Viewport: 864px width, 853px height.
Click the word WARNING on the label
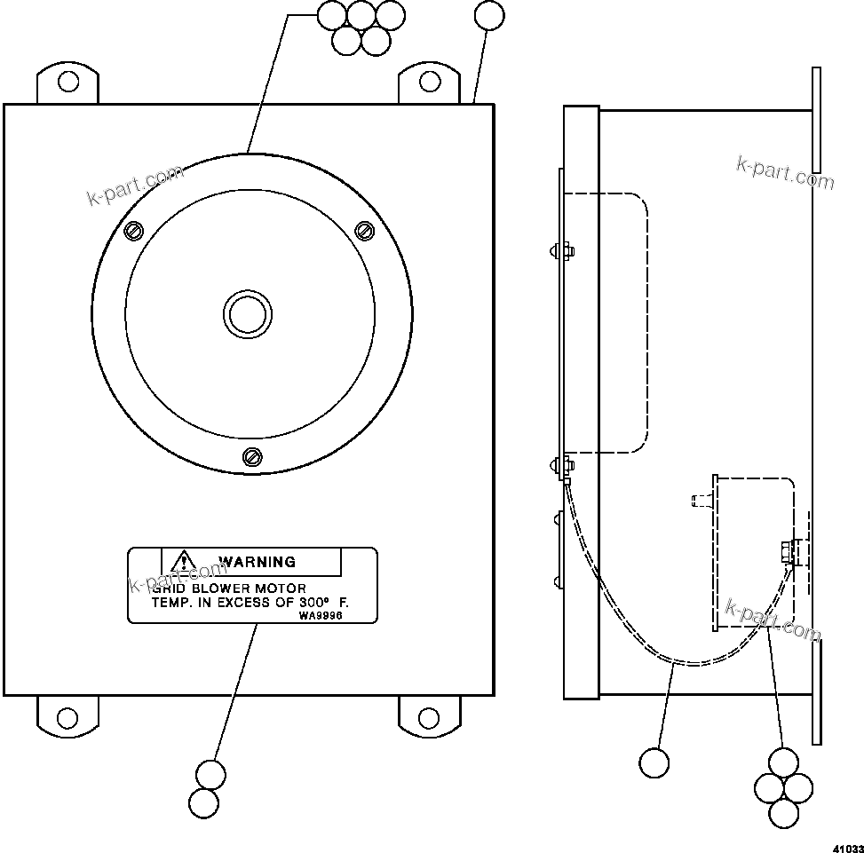click(x=257, y=562)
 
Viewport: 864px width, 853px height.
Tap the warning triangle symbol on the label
click(x=183, y=560)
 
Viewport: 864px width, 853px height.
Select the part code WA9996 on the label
click(x=321, y=614)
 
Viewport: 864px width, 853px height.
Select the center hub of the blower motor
click(x=247, y=314)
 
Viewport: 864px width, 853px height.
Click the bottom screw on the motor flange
click(x=252, y=456)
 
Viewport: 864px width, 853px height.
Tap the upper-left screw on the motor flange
click(x=134, y=231)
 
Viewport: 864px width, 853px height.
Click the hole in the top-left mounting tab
click(x=67, y=83)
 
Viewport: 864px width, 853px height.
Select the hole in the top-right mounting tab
click(x=430, y=83)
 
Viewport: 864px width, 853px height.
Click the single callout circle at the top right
click(x=489, y=16)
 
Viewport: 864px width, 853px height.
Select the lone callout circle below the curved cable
click(x=654, y=763)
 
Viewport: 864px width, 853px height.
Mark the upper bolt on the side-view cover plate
click(x=561, y=250)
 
